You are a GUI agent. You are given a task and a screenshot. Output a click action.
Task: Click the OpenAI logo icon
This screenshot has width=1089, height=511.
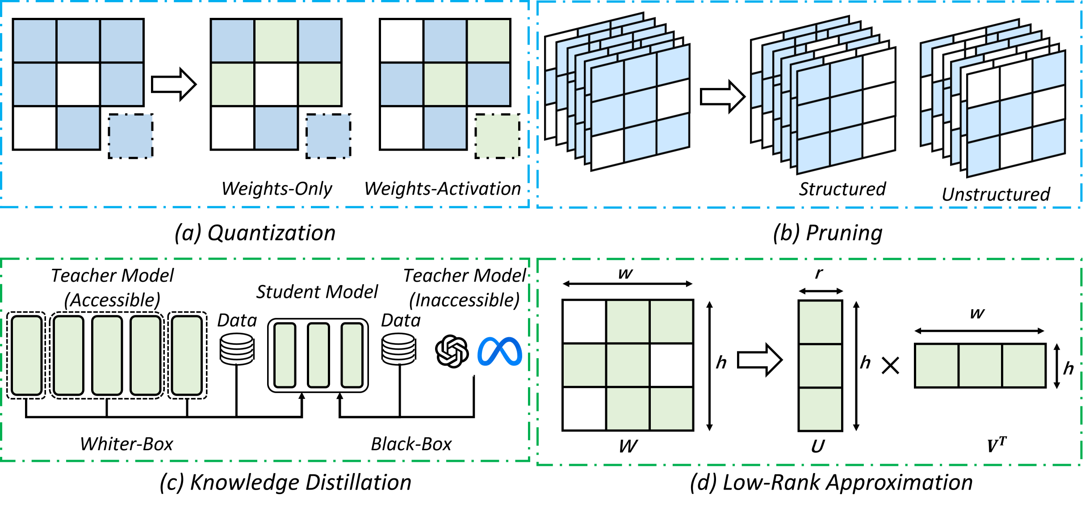(452, 352)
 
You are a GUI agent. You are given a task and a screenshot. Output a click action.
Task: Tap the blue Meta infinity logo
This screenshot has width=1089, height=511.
(500, 352)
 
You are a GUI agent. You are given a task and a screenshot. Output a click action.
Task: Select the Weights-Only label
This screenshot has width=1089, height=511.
(277, 189)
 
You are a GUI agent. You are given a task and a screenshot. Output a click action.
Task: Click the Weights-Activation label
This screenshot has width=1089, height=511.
(443, 189)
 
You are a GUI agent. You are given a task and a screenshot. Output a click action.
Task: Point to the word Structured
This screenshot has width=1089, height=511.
(842, 189)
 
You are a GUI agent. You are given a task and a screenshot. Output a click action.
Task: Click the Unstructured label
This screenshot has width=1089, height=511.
(996, 194)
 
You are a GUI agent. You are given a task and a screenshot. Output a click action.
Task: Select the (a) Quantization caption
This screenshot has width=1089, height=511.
(255, 233)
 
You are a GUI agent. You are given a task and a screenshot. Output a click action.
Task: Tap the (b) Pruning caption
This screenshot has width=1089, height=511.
(828, 233)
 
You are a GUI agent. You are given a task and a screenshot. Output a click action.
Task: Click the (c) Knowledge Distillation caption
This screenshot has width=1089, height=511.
(285, 483)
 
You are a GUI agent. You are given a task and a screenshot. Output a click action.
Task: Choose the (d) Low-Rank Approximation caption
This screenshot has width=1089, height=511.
(831, 483)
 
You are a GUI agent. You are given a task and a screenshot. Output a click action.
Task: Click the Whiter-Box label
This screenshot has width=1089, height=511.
(126, 444)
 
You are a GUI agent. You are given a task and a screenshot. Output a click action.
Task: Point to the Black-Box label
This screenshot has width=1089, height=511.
(411, 444)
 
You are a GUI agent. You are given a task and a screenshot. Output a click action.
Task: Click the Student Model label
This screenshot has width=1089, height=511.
(317, 292)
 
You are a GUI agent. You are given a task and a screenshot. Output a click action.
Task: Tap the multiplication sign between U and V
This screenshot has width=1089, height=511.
(890, 366)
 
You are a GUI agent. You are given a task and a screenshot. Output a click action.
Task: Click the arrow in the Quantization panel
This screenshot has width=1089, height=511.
(174, 84)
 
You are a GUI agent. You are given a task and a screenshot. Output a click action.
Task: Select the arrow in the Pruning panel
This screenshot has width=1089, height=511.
(722, 96)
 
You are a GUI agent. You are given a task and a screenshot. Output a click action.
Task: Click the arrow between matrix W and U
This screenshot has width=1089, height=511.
(759, 360)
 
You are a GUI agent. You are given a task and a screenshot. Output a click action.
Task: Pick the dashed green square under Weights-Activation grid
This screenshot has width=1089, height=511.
(497, 136)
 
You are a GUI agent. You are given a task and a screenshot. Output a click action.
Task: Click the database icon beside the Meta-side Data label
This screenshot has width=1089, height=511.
(399, 349)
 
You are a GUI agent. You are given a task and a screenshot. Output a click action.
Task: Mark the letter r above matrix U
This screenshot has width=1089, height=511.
(818, 273)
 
